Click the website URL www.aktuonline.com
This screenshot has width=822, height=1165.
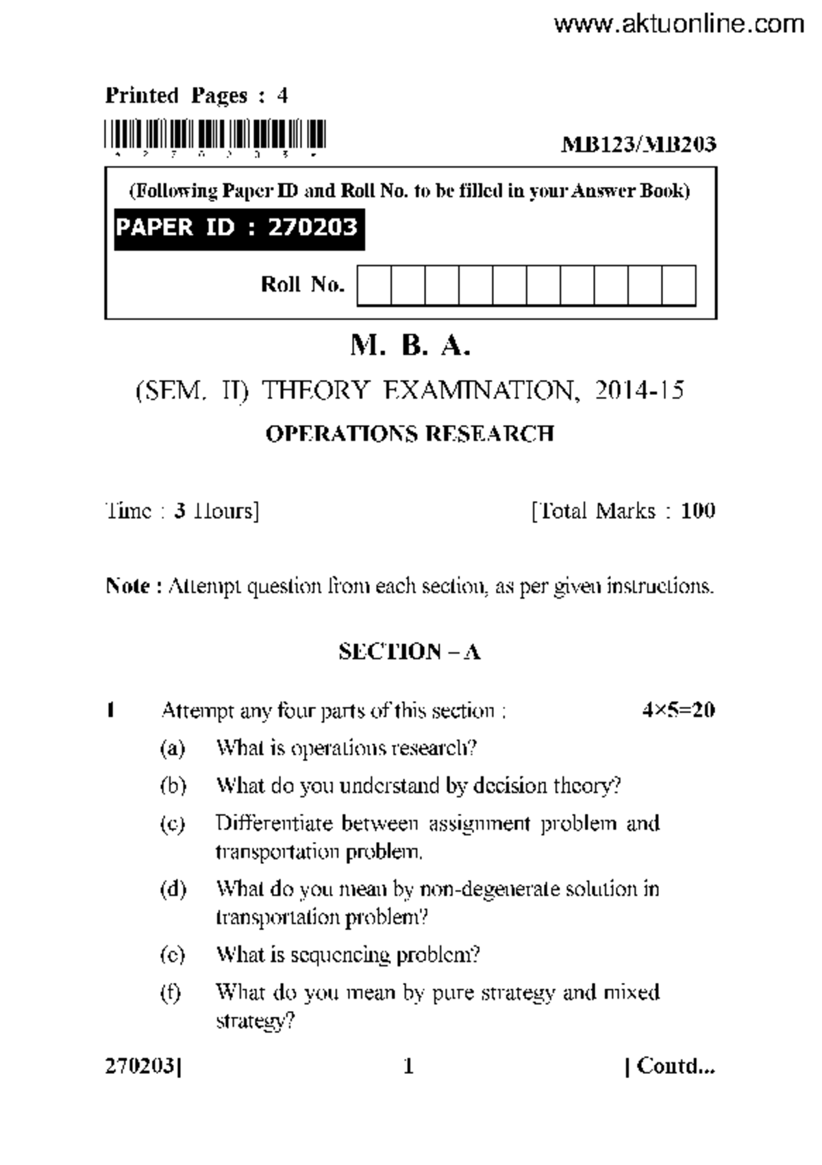pyautogui.click(x=678, y=25)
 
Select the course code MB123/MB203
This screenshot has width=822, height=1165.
pyautogui.click(x=638, y=144)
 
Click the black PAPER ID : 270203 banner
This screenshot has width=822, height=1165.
pyautogui.click(x=238, y=228)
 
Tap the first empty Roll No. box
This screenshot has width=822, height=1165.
pyautogui.click(x=374, y=286)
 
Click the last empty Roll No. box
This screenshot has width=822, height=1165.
pyautogui.click(x=678, y=286)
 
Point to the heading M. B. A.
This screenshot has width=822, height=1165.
pyautogui.click(x=410, y=346)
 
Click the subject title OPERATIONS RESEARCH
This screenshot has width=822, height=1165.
pyautogui.click(x=410, y=434)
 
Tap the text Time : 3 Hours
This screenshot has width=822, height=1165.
pyautogui.click(x=182, y=511)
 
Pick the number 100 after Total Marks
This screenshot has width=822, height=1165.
pyautogui.click(x=698, y=511)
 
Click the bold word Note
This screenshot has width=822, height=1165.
pyautogui.click(x=127, y=587)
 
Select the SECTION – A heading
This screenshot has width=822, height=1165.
pyautogui.click(x=410, y=652)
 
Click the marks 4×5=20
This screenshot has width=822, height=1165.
pyautogui.click(x=678, y=710)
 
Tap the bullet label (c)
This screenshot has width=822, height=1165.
pyautogui.click(x=173, y=824)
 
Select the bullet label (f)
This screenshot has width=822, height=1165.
pyautogui.click(x=171, y=993)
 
